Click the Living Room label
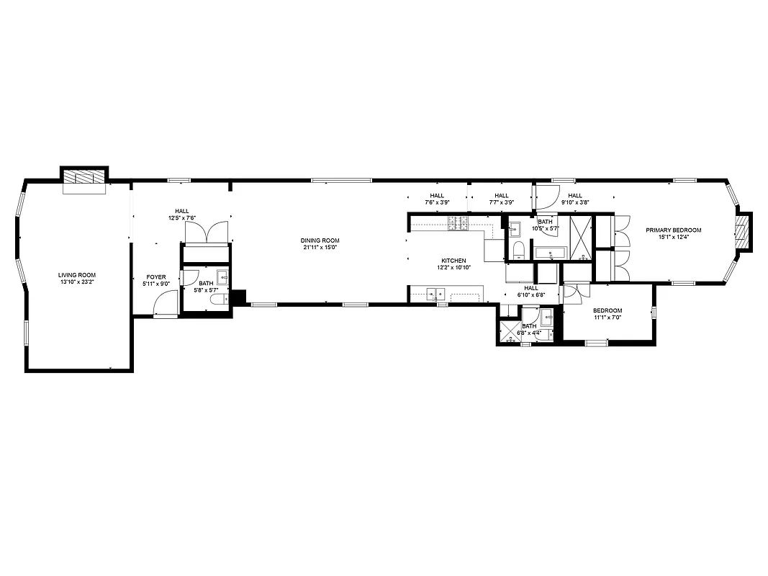[x=77, y=275]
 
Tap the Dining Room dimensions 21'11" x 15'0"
[x=320, y=248]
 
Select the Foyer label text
[x=156, y=276]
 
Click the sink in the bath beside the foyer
[x=222, y=278]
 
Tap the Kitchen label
[x=453, y=261]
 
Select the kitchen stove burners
[x=458, y=224]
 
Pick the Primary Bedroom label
[x=673, y=230]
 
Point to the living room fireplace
[x=83, y=177]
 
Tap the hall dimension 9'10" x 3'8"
[x=575, y=202]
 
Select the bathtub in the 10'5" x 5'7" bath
[x=550, y=253]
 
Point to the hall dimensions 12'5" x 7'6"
[x=182, y=217]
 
